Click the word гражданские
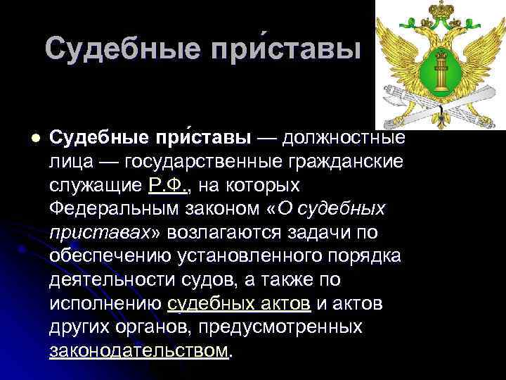tap(349, 161)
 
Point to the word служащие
tap(96, 186)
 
